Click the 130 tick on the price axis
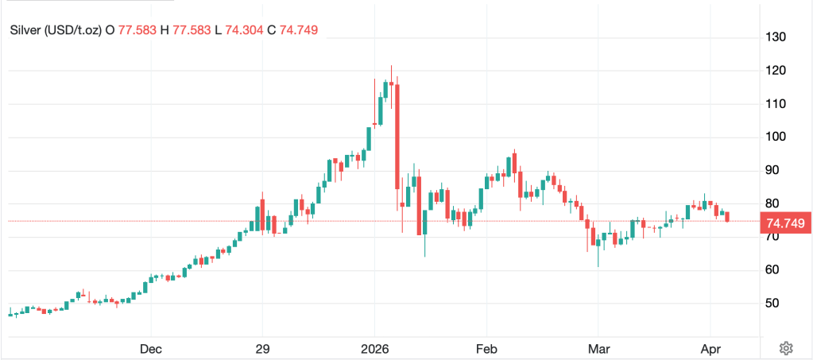pyautogui.click(x=776, y=37)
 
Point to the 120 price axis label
pyautogui.click(x=776, y=71)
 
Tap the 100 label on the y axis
pyautogui.click(x=776, y=137)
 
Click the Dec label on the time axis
pyautogui.click(x=150, y=348)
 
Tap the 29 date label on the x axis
pyautogui.click(x=263, y=348)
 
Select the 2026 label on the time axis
pyautogui.click(x=374, y=348)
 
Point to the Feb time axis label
pyautogui.click(x=486, y=348)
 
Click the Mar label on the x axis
pyautogui.click(x=598, y=348)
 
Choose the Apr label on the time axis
pyautogui.click(x=710, y=348)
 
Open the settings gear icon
pyautogui.click(x=786, y=348)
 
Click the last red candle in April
pyautogui.click(x=726, y=216)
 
